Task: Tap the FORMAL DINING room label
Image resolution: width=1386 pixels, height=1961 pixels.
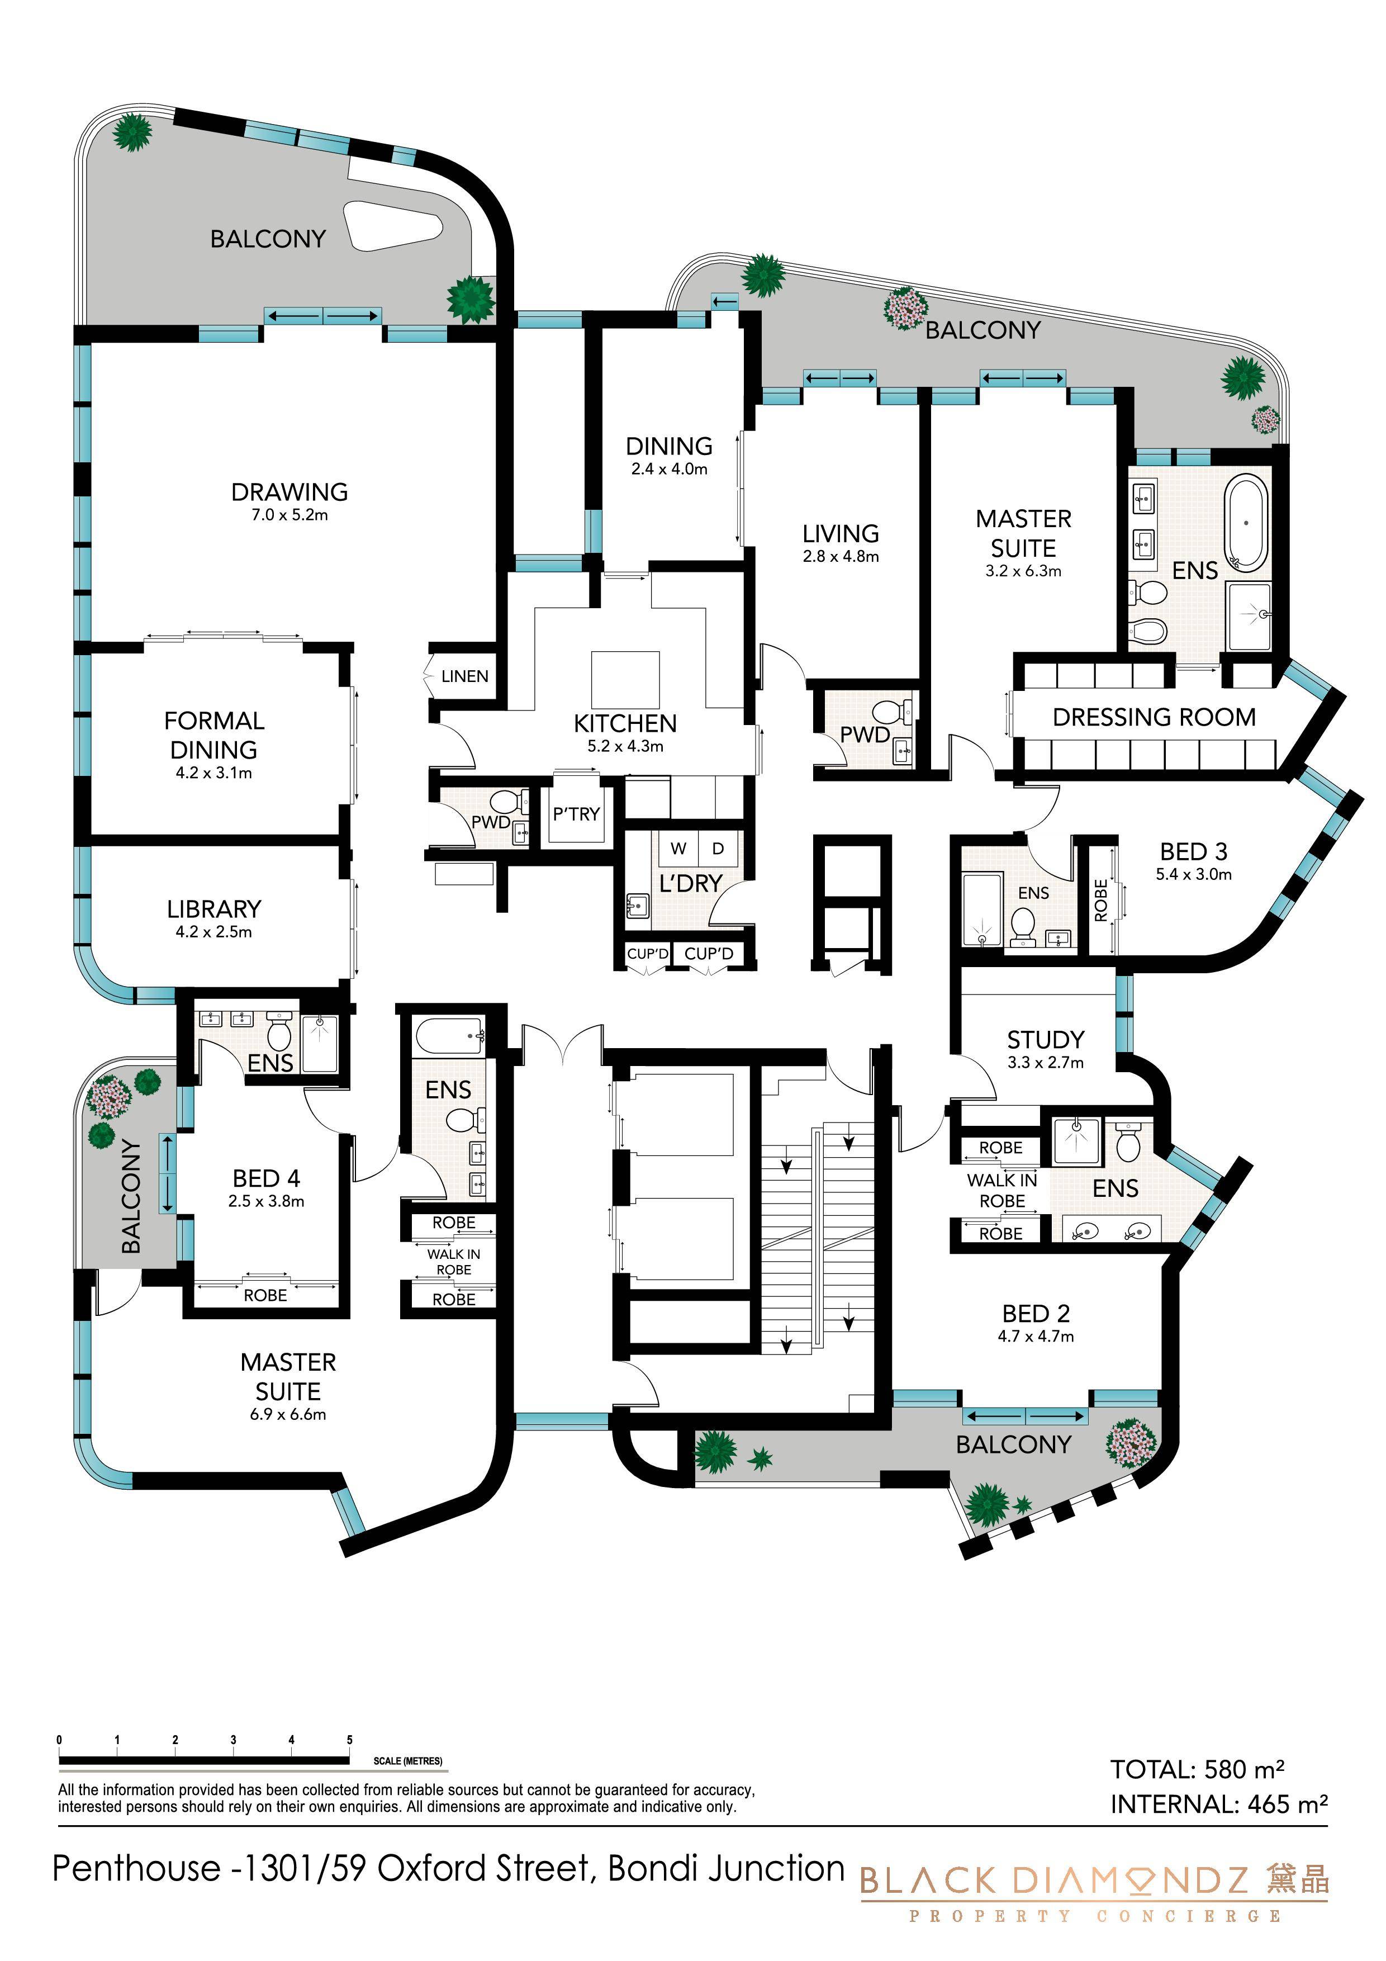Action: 215,736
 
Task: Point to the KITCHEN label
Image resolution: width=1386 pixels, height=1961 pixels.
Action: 625,723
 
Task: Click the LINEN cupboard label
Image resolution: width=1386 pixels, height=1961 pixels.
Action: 464,676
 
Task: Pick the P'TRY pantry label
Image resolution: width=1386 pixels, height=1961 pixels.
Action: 576,814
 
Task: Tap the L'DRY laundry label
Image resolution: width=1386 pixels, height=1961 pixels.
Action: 691,883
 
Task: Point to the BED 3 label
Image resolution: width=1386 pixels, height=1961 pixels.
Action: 1194,851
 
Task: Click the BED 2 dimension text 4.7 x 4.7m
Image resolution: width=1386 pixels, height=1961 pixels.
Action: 1036,1337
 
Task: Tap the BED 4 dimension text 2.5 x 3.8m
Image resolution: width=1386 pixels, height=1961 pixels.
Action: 267,1201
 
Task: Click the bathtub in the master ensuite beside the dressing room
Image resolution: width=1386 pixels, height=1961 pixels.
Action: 1247,523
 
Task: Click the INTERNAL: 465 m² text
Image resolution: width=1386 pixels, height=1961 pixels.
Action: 1219,1804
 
